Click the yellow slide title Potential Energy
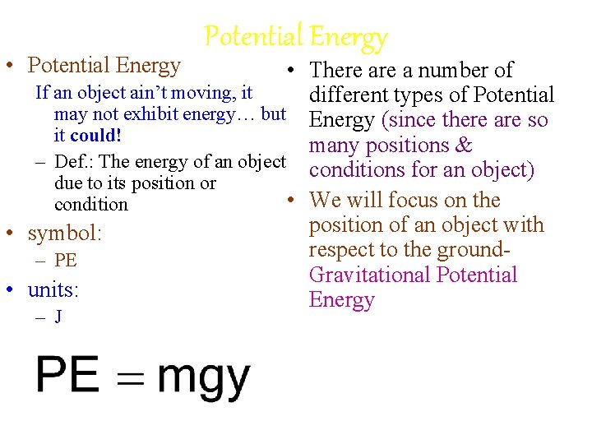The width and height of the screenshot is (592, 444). coord(295,36)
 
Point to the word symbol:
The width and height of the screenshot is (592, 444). coord(65,234)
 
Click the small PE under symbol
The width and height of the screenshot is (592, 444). coord(66,261)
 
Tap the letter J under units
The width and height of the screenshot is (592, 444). coord(58,317)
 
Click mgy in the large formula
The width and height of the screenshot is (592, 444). coord(203,378)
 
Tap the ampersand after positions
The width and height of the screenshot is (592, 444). coord(463,146)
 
